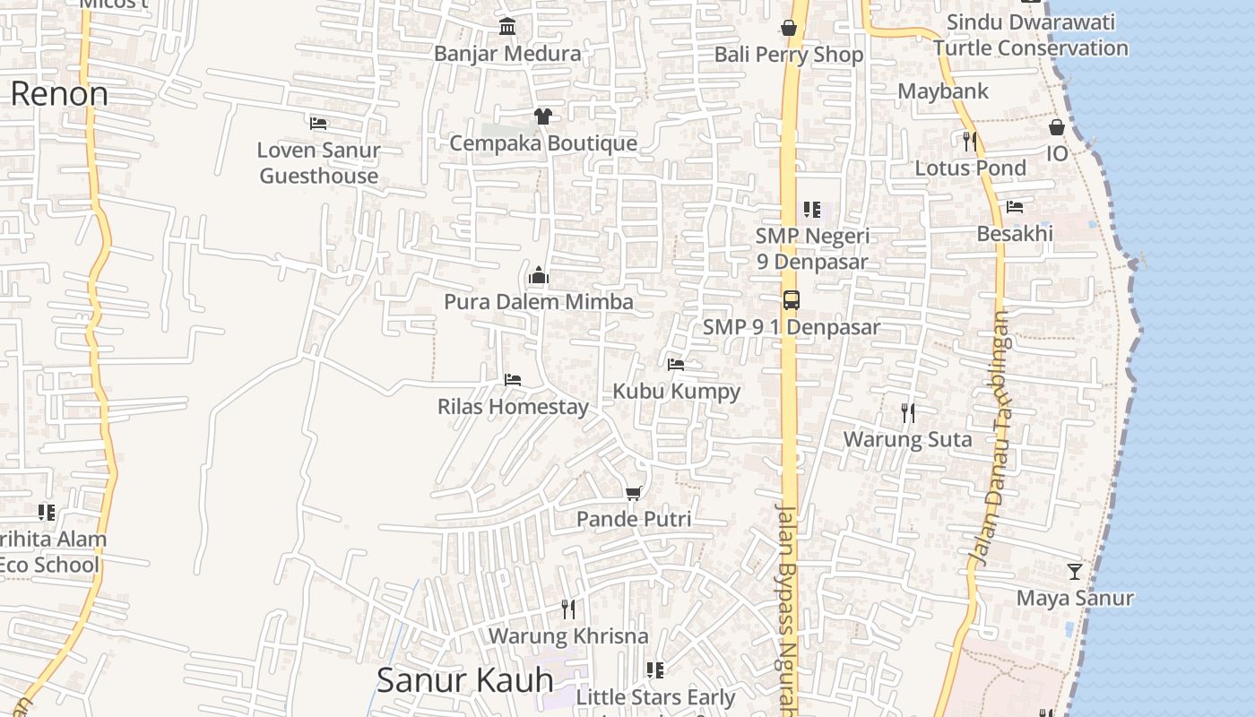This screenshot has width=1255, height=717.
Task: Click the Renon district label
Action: [x=59, y=94]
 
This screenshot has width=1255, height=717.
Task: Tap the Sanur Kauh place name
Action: [x=464, y=680]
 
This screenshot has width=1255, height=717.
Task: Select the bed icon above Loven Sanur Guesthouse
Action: [x=318, y=123]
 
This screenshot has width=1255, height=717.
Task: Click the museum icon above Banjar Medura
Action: [x=507, y=26]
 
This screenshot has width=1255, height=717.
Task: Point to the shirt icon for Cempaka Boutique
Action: [x=542, y=116]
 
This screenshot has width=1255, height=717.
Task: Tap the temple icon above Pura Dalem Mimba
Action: [x=539, y=275]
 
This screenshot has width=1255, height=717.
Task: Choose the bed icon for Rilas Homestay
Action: [x=513, y=380]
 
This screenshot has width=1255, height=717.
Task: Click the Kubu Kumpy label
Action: [x=677, y=392]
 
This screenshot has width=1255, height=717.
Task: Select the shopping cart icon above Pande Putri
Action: [x=634, y=492]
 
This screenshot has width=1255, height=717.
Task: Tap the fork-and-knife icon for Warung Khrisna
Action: [x=567, y=609]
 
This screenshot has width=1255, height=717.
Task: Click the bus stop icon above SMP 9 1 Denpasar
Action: [x=791, y=300]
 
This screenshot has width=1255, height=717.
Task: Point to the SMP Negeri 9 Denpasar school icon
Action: [x=812, y=210]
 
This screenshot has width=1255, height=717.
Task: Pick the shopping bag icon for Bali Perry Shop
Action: [x=789, y=28]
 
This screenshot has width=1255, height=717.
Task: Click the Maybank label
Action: [x=943, y=91]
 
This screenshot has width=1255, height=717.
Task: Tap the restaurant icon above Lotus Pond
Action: [x=969, y=141]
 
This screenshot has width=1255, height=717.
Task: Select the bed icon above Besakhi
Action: [x=1015, y=207]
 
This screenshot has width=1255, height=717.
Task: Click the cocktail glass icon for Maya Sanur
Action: [x=1074, y=571]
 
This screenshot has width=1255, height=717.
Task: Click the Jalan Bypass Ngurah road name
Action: [x=787, y=609]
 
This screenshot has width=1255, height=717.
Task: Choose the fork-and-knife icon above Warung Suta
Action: [x=908, y=412]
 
